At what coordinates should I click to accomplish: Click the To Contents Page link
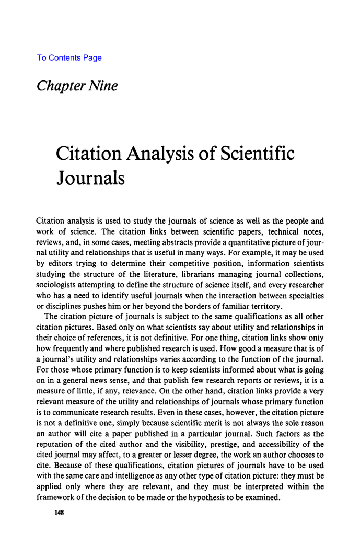click(69, 58)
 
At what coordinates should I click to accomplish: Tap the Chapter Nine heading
click(77, 86)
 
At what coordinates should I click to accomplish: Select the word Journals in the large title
click(90, 178)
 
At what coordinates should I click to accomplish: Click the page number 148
click(59, 514)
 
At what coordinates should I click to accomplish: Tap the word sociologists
click(59, 285)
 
